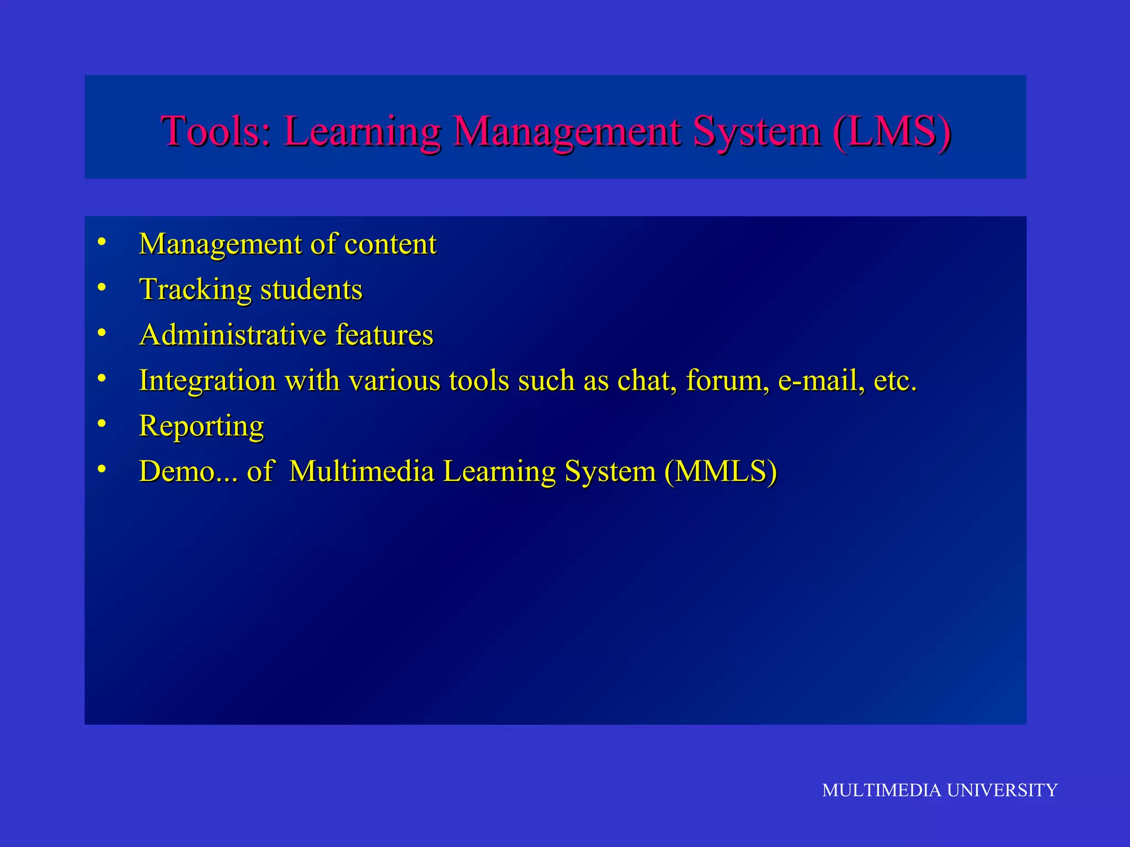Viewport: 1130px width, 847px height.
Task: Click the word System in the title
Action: tap(757, 132)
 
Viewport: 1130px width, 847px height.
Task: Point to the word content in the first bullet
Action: tap(390, 244)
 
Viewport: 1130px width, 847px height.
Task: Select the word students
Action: tap(311, 290)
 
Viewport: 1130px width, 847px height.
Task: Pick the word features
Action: tap(384, 335)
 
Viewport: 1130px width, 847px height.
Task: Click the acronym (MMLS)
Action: tap(721, 472)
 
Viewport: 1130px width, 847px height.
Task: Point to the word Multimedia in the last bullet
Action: tap(361, 471)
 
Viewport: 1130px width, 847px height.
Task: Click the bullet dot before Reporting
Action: tap(102, 423)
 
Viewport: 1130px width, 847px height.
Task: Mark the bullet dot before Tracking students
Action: tap(102, 287)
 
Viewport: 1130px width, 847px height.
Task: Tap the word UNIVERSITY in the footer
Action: tap(1002, 790)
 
